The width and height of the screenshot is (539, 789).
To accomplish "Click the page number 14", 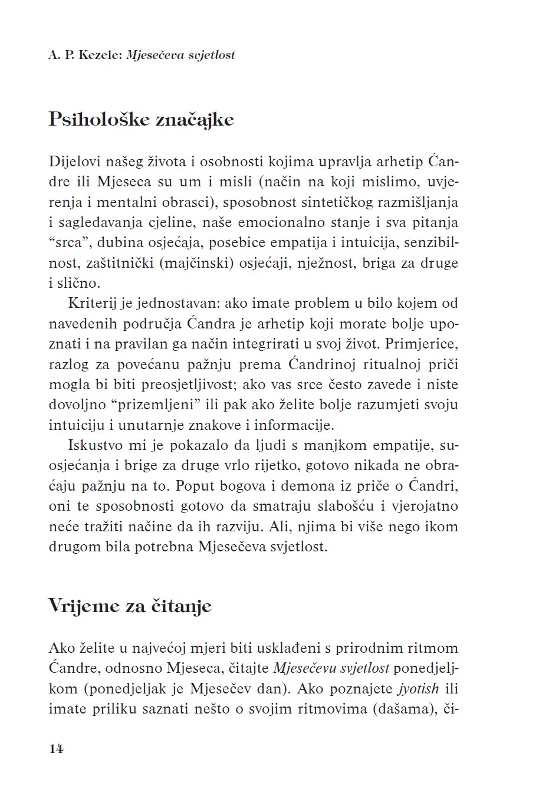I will [56, 749].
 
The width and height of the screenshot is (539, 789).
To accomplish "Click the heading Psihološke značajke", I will [142, 120].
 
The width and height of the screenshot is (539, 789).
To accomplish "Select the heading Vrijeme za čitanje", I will [130, 606].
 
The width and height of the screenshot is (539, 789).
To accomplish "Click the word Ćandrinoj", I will [328, 364].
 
